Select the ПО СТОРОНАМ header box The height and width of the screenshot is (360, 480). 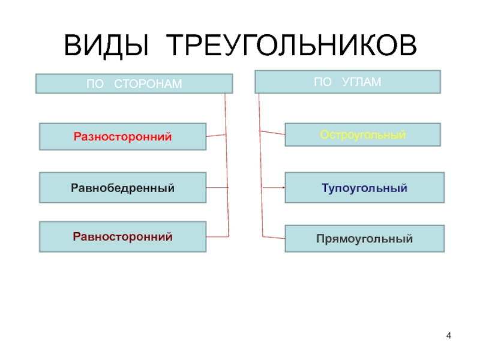click(134, 83)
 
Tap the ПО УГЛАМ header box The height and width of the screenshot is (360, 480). click(347, 82)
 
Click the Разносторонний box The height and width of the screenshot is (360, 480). click(122, 136)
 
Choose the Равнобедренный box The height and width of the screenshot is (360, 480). click(122, 187)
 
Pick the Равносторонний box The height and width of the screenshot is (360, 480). click(122, 236)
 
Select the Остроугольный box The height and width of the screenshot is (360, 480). click(362, 134)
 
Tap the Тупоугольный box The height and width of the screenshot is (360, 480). click(364, 188)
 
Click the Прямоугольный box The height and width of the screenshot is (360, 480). click(364, 238)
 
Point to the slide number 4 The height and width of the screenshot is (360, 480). click(449, 334)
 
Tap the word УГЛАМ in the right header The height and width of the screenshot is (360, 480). click(361, 82)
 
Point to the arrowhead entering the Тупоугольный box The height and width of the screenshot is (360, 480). click(283, 188)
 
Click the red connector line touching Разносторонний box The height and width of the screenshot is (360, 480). click(216, 136)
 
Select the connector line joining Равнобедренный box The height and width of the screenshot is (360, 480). click(218, 188)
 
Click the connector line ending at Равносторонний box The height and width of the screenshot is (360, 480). click(218, 235)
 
